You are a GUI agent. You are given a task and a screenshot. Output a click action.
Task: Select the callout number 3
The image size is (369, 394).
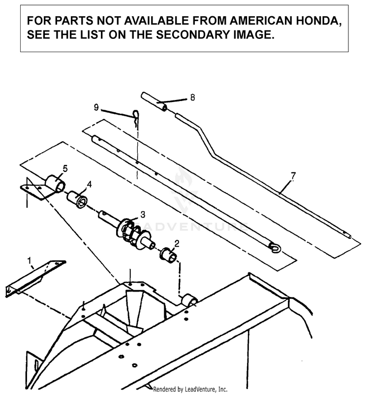[x=143, y=214]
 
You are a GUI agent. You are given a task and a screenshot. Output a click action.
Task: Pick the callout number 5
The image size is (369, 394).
[x=65, y=168]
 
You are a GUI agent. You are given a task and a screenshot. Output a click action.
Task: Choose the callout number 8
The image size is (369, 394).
[x=192, y=98]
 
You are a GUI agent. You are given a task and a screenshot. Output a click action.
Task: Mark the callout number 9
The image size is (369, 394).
[x=97, y=106]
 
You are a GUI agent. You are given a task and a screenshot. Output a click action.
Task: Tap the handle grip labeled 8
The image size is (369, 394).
[x=154, y=102]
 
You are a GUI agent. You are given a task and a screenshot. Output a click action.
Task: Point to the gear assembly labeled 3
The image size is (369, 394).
[x=131, y=230]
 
